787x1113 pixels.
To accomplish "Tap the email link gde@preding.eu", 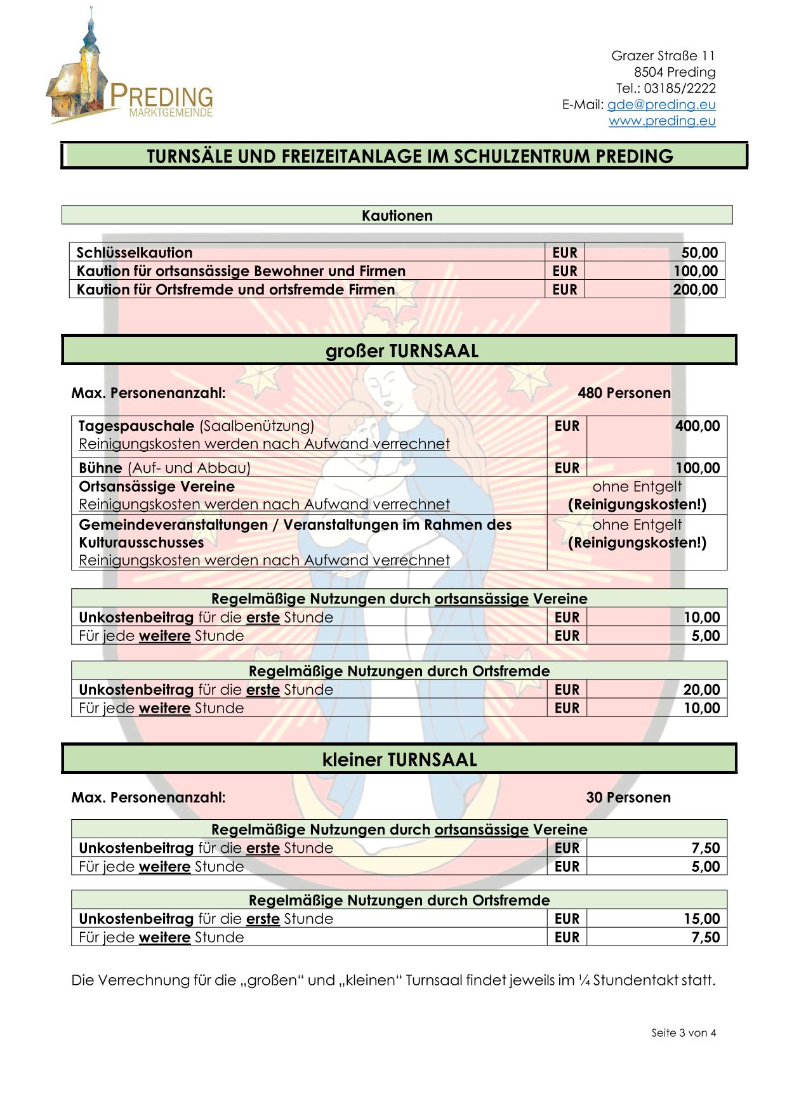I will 661,105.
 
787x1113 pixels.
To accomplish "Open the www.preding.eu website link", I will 662,121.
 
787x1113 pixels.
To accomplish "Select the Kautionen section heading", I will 397,215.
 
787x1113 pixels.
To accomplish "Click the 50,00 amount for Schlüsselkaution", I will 699,253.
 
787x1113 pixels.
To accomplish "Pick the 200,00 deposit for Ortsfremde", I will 695,289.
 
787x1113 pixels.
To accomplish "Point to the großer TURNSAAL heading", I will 402,351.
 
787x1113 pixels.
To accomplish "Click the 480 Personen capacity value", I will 624,393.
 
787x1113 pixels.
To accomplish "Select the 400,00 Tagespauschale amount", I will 698,426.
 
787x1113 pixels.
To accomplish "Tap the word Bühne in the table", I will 100,468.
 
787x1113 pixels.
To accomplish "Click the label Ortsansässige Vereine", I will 157,487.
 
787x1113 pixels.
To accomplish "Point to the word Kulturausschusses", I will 141,543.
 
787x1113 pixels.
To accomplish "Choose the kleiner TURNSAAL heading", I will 399,760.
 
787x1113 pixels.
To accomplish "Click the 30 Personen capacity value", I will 628,798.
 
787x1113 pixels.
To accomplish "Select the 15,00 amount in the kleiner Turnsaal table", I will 701,919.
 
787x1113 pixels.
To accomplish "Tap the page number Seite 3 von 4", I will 684,1032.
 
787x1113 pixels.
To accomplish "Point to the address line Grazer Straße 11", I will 663,56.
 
